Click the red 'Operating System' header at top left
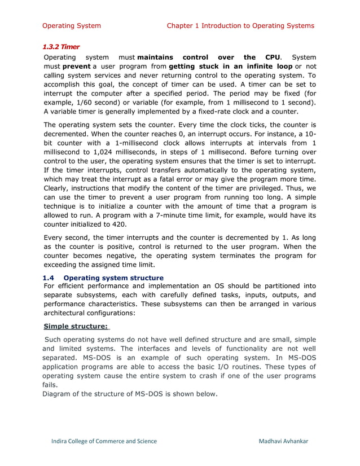[72, 25]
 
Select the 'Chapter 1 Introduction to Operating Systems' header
[240, 25]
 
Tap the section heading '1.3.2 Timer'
[62, 47]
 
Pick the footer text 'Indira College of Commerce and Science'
[104, 441]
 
